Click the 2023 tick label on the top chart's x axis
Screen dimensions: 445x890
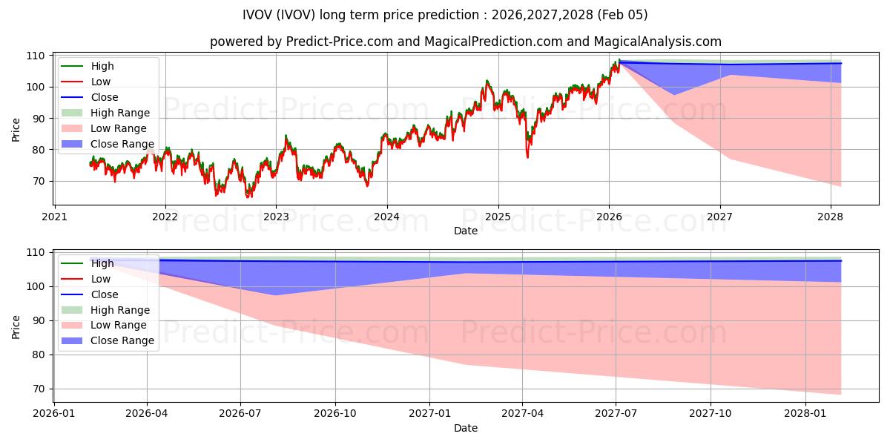(276, 217)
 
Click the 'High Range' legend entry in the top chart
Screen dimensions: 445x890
(119, 113)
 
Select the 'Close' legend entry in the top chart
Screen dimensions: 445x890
(104, 97)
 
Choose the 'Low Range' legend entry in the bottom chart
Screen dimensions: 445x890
(118, 325)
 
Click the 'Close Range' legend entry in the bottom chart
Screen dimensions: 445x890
(122, 340)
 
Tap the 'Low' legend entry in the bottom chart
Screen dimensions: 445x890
(100, 279)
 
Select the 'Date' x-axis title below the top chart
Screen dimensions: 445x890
(465, 231)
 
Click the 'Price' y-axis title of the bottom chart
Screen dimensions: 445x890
(16, 326)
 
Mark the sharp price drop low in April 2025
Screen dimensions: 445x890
(527, 156)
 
